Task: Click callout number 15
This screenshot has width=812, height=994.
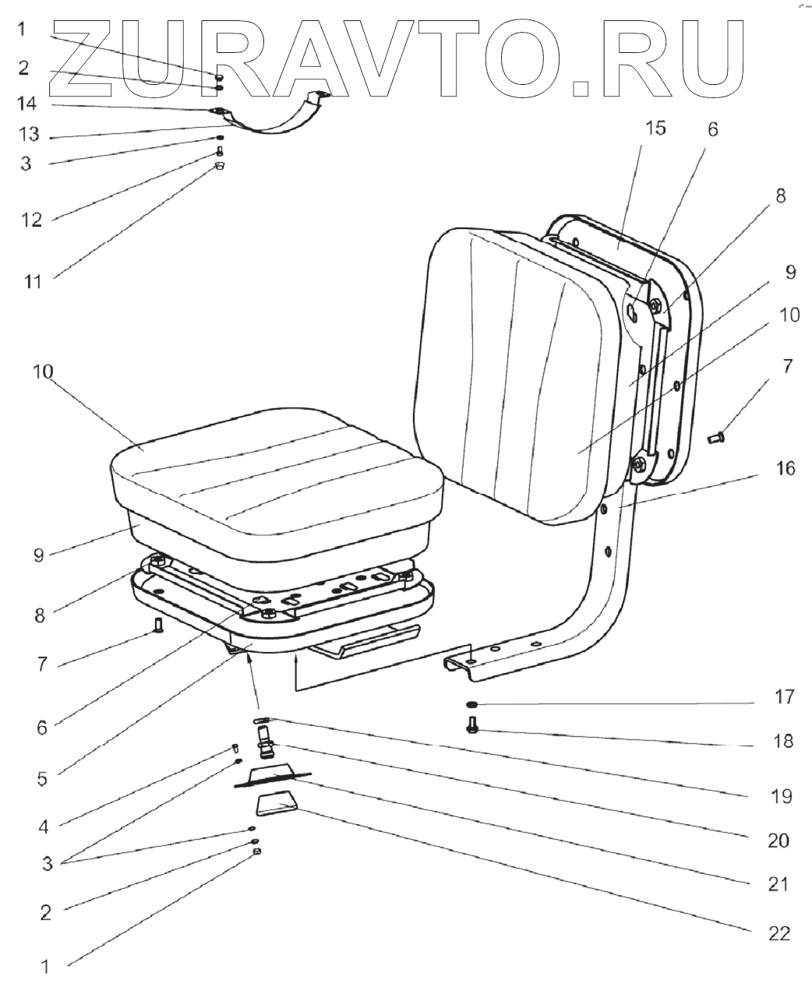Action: [x=655, y=129]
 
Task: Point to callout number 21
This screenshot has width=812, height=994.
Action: [x=778, y=884]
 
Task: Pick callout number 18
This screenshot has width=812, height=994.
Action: [x=783, y=741]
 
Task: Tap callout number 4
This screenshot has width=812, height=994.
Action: [x=44, y=827]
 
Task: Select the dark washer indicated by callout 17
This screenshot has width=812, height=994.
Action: [x=472, y=705]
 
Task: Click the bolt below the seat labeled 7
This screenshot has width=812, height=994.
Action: [x=158, y=624]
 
